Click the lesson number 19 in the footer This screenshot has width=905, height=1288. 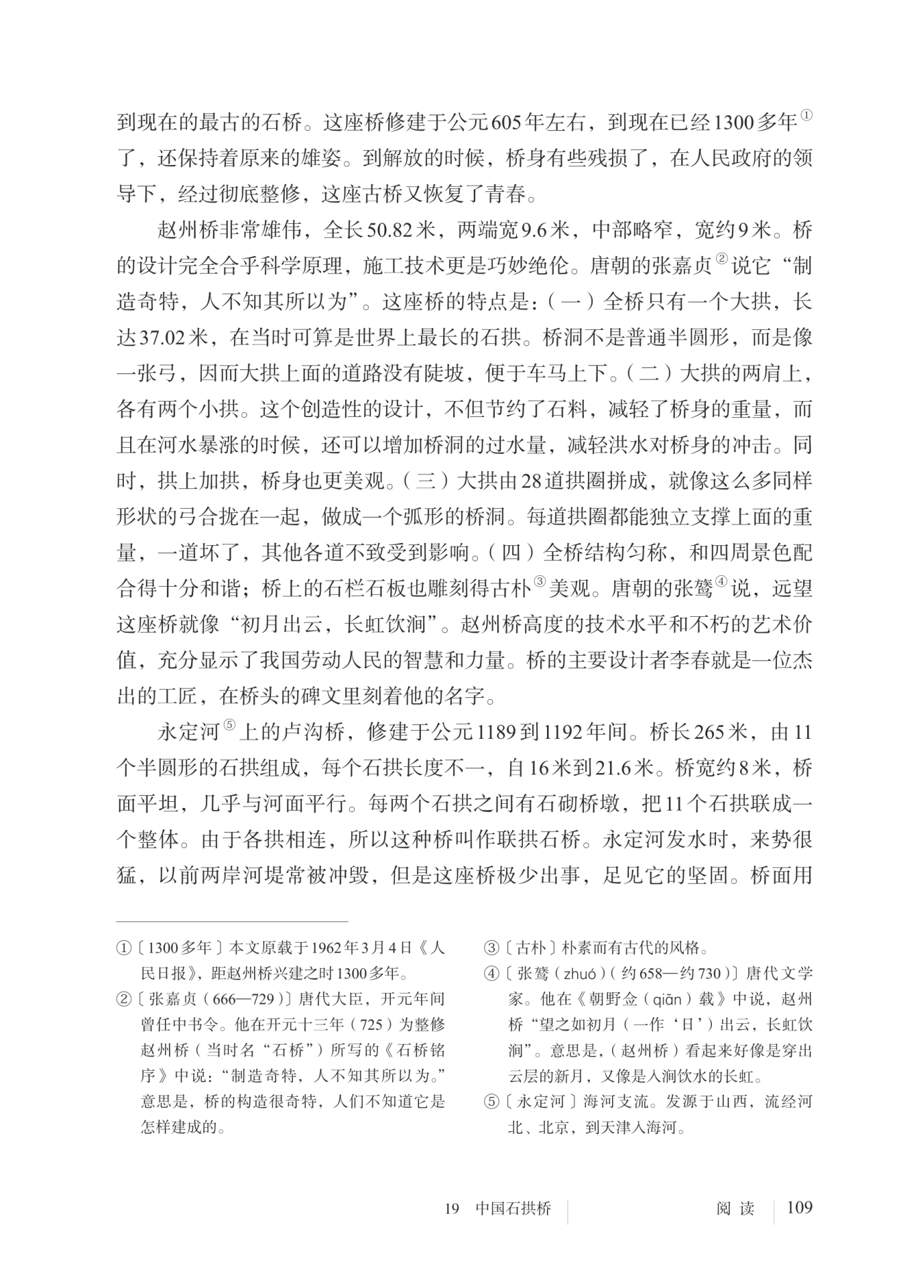pos(452,1209)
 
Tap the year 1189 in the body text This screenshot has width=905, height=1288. pos(496,732)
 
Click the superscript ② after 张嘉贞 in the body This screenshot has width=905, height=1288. pos(721,261)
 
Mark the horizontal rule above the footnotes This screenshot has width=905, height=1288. pos(232,921)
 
